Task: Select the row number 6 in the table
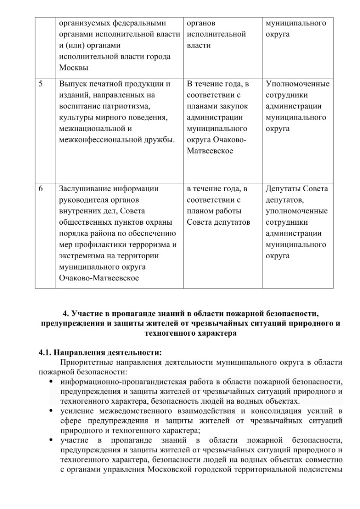[40, 189]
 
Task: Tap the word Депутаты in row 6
[282, 189]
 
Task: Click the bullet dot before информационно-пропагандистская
[50, 382]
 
